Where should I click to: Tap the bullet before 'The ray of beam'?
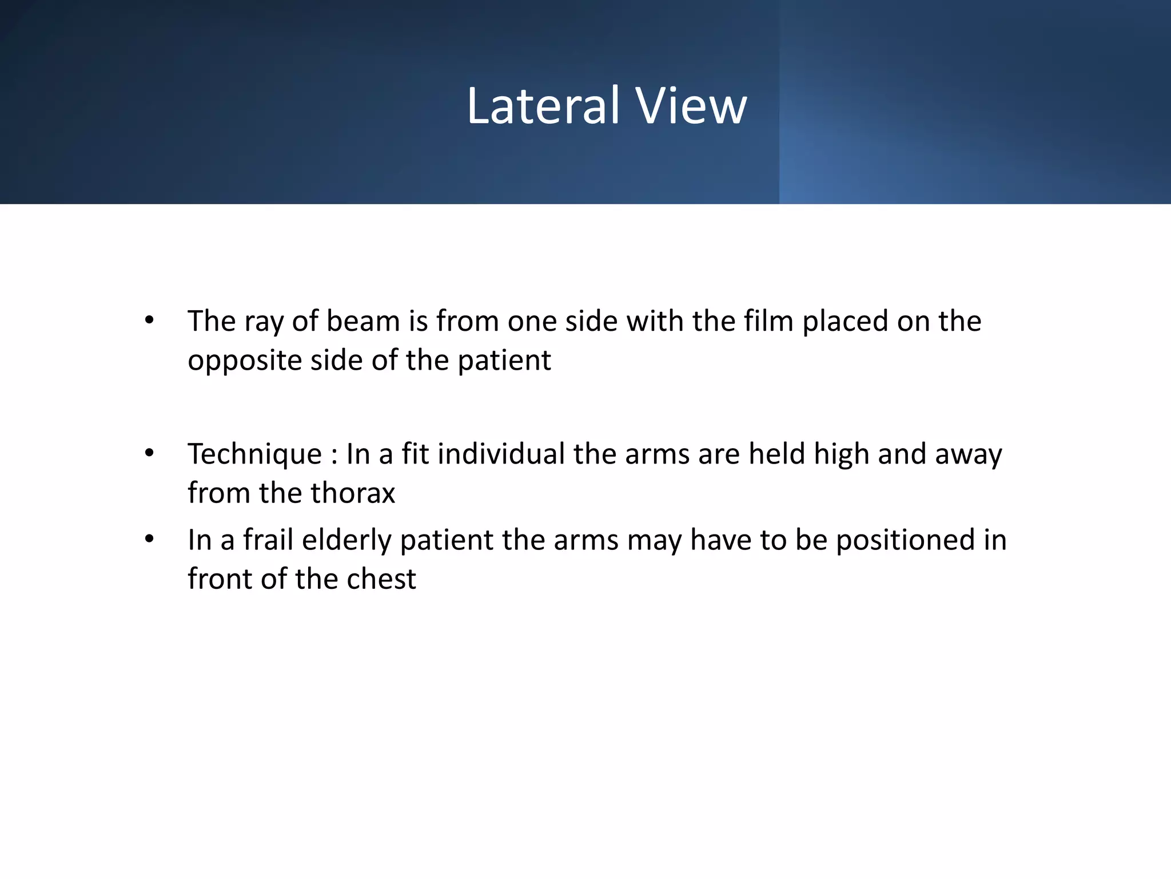click(x=150, y=320)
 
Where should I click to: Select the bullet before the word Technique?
click(x=150, y=453)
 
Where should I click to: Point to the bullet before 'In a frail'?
click(x=150, y=539)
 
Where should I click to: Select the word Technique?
click(x=255, y=454)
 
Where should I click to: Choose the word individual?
click(x=501, y=454)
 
